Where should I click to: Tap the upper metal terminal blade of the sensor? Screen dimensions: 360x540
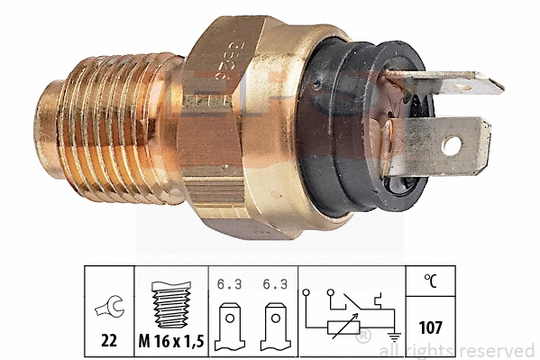pyautogui.click(x=451, y=86)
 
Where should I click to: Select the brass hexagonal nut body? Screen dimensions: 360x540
pyautogui.click(x=239, y=126)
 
